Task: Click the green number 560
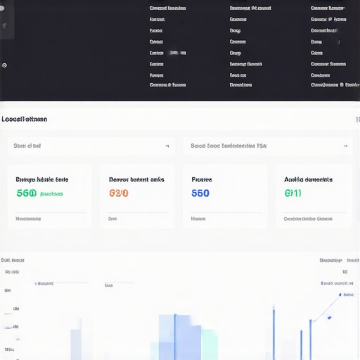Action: pyautogui.click(x=25, y=193)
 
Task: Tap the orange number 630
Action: pyautogui.click(x=119, y=193)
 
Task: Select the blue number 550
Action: pyautogui.click(x=200, y=193)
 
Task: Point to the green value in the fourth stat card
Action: pyautogui.click(x=292, y=193)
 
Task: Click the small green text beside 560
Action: pyautogui.click(x=51, y=194)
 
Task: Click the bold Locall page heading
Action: pyautogui.click(x=25, y=120)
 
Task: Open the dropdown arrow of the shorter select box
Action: pyautogui.click(x=167, y=146)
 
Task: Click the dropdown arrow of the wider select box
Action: pyautogui.click(x=345, y=146)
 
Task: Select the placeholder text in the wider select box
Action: pyautogui.click(x=229, y=146)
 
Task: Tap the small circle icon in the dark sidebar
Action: pyautogui.click(x=4, y=65)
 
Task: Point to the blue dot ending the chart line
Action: pyautogui.click(x=340, y=295)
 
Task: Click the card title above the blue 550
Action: pyautogui.click(x=202, y=179)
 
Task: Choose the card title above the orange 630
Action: pyautogui.click(x=136, y=179)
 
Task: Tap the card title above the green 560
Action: pyautogui.click(x=46, y=179)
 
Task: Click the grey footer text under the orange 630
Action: pyautogui.click(x=112, y=219)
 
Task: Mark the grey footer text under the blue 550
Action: pyautogui.click(x=198, y=219)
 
